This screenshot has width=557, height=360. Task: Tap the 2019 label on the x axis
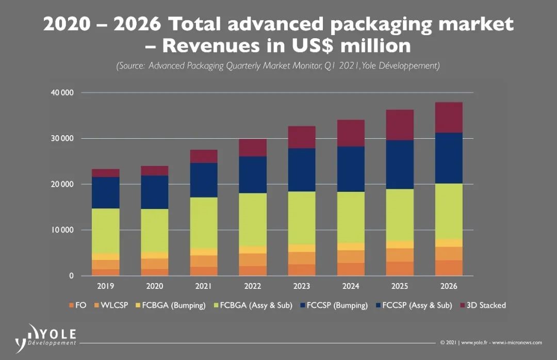[106, 286]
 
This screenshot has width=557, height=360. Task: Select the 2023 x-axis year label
[301, 286]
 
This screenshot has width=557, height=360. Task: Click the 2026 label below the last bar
[448, 286]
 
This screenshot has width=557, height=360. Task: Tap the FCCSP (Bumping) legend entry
[336, 305]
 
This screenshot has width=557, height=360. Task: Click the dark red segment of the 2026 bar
[448, 118]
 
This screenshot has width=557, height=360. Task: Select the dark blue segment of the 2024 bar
[350, 169]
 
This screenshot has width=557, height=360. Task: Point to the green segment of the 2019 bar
[106, 231]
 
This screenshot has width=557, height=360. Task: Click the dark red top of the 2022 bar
[253, 148]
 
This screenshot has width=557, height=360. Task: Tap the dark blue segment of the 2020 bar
[155, 192]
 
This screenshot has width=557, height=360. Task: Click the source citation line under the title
[278, 66]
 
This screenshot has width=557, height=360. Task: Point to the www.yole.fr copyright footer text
[490, 342]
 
